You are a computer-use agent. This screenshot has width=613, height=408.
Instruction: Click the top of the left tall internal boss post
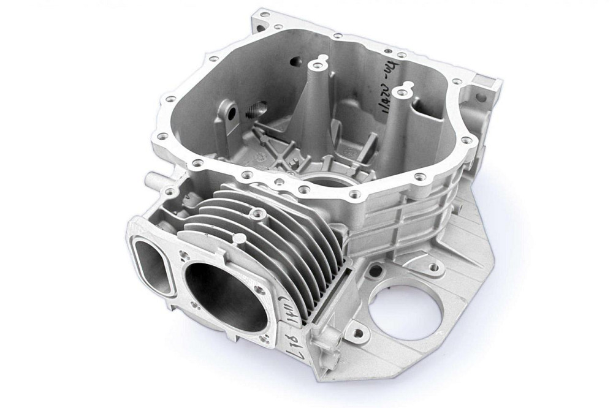tap(317, 63)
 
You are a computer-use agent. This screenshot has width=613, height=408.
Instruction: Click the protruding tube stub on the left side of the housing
tap(150, 180)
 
